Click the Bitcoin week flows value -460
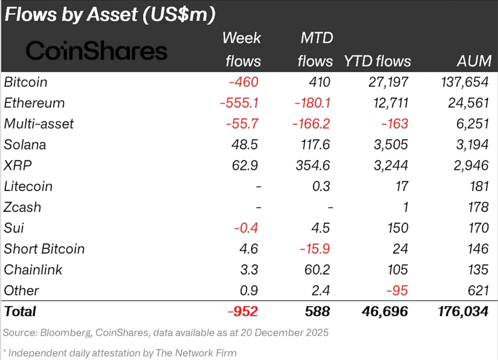tap(243, 82)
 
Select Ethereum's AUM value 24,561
tap(468, 103)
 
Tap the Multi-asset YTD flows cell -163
tap(395, 124)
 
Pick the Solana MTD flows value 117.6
tap(315, 145)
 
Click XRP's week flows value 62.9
tap(245, 166)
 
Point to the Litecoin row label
tap(28, 186)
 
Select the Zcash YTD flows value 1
tap(406, 207)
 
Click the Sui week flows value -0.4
tap(246, 228)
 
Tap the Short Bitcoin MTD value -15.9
tap(315, 249)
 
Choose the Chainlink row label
tap(33, 270)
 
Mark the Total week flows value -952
tap(243, 311)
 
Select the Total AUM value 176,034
tap(463, 311)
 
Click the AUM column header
tap(474, 61)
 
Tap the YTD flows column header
tap(377, 61)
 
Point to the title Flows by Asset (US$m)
tap(110, 15)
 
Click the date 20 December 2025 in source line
tap(284, 333)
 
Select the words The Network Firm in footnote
tap(196, 353)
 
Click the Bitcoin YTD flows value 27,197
tap(388, 82)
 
